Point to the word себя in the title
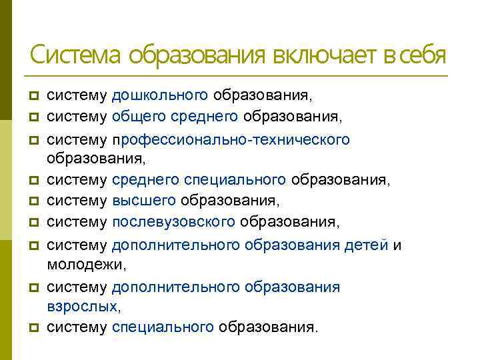[423, 55]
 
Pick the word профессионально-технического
[231, 139]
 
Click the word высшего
[144, 201]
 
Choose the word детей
[366, 245]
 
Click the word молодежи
[86, 265]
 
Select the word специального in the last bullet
[163, 327]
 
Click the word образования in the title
[198, 55]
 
